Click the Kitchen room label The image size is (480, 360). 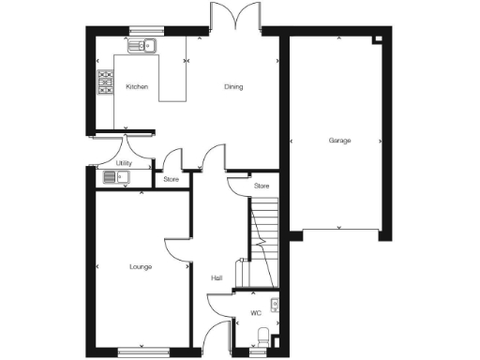pyautogui.click(x=137, y=87)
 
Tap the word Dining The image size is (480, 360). pyautogui.click(x=233, y=87)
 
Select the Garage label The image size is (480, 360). pyautogui.click(x=339, y=141)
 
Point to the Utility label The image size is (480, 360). pyautogui.click(x=124, y=163)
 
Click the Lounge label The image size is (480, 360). pyautogui.click(x=141, y=267)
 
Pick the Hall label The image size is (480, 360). pyautogui.click(x=216, y=277)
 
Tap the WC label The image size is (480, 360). pyautogui.click(x=255, y=313)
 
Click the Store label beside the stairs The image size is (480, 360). pyautogui.click(x=262, y=187)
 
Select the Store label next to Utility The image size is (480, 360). pyautogui.click(x=171, y=178)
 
